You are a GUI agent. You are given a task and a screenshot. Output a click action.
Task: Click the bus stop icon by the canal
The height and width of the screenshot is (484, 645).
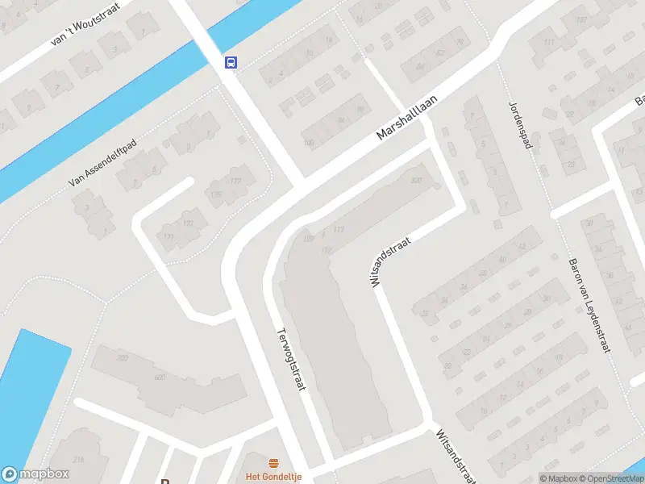click(231, 62)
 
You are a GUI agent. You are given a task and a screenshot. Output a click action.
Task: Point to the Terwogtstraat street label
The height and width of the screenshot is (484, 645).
click(293, 360)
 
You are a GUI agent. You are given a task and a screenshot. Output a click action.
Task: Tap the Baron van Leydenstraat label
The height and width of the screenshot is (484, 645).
click(589, 305)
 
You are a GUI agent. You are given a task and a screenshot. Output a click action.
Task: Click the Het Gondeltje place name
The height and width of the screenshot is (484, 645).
click(274, 477)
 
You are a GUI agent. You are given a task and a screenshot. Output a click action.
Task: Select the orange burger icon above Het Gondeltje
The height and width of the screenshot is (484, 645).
click(274, 463)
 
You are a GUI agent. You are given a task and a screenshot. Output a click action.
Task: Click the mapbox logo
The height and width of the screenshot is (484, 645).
click(35, 474)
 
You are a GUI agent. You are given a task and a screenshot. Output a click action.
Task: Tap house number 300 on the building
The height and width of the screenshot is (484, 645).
click(123, 357)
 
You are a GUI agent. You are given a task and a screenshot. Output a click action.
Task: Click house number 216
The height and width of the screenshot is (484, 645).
click(78, 460)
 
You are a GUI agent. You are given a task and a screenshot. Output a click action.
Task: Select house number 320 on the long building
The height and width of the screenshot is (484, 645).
click(417, 180)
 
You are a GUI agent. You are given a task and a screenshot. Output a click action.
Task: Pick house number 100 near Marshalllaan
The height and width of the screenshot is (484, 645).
click(308, 143)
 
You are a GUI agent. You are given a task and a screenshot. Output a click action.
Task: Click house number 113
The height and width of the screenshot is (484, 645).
click(338, 231)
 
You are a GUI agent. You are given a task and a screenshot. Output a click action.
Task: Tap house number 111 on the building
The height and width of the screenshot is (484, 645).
click(549, 42)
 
